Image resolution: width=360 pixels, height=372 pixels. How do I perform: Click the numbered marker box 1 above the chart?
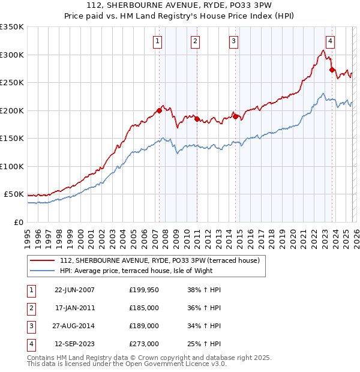(x=157, y=41)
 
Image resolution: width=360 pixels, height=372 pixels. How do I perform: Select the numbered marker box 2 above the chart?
(x=196, y=41)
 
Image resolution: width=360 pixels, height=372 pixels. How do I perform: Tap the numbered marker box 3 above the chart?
(x=233, y=41)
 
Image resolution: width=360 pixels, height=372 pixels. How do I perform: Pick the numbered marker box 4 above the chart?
(x=331, y=41)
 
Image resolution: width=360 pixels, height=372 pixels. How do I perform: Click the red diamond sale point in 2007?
(x=160, y=110)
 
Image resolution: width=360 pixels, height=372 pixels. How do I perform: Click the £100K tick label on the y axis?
(x=12, y=166)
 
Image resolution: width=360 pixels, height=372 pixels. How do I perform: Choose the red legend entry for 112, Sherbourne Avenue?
(x=159, y=260)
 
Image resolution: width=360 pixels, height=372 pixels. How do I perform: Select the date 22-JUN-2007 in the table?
(x=74, y=290)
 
